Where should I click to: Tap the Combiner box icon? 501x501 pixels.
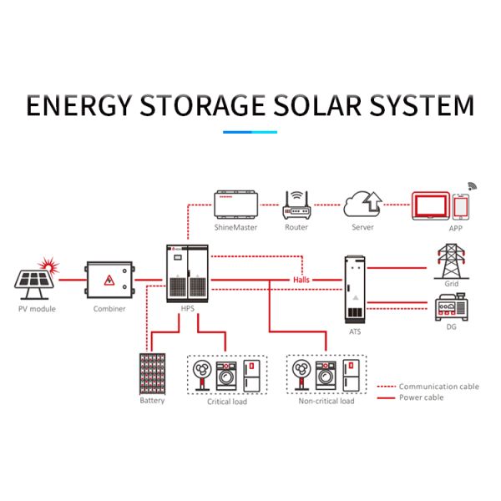pos(109,281)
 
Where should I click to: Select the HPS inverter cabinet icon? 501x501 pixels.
pos(187,273)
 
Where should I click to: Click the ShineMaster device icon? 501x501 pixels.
pos(235,205)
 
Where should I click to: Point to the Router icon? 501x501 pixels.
pos(296,205)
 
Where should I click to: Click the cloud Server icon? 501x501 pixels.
pos(363,205)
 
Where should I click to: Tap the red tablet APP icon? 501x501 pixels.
pos(430,206)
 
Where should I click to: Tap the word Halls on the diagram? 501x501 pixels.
pos(301,280)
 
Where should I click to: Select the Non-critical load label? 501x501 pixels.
pos(326,402)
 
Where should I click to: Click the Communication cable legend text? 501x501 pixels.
pos(438,387)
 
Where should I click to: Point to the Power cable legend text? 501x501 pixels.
pos(422,397)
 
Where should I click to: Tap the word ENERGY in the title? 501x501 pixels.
pos(78,107)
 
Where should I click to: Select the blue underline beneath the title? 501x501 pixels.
pos(250,131)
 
